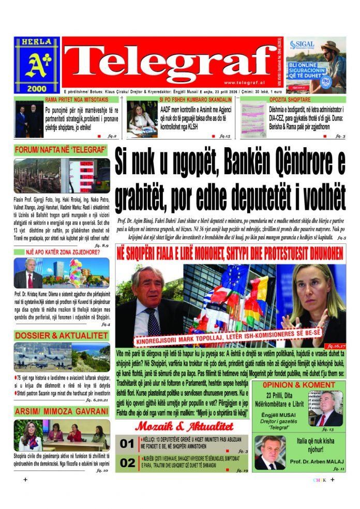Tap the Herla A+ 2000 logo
pyautogui.click(x=37, y=64)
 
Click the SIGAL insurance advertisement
pyautogui.click(x=315, y=64)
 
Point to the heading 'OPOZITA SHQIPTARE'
pyautogui.click(x=289, y=99)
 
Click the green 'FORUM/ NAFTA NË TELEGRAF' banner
pyautogui.click(x=60, y=151)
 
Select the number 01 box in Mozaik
pyautogui.click(x=127, y=443)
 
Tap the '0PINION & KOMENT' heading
pyautogui.click(x=299, y=385)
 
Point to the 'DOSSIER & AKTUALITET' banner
pyautogui.click(x=60, y=336)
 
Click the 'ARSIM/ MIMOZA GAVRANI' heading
pyautogui.click(x=61, y=411)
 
